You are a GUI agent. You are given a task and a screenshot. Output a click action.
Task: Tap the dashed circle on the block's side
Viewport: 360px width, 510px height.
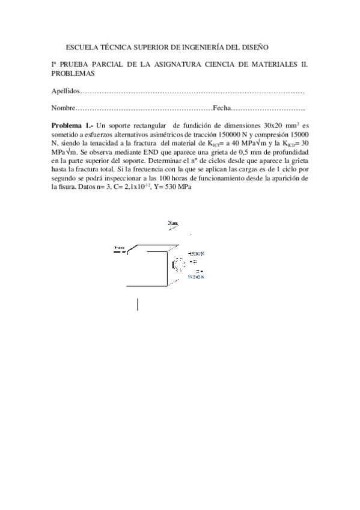coord(178,263)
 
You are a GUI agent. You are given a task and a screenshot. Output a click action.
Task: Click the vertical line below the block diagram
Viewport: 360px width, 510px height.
coord(138,304)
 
